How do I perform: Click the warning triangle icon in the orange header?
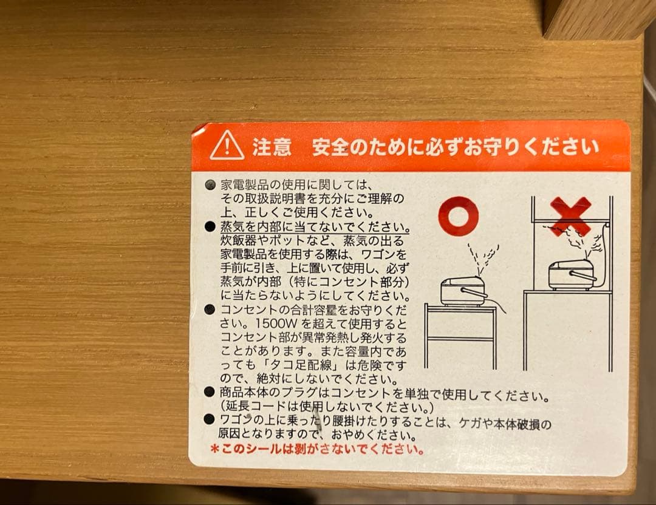(x=227, y=146)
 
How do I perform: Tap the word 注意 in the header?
(x=272, y=147)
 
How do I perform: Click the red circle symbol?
(x=459, y=215)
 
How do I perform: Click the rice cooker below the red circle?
(x=463, y=291)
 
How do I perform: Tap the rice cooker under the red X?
(x=572, y=275)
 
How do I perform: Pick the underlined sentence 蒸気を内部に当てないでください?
(x=314, y=226)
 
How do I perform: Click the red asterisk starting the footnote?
(x=214, y=450)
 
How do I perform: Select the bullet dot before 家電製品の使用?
(x=210, y=184)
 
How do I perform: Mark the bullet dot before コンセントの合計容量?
(x=210, y=310)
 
